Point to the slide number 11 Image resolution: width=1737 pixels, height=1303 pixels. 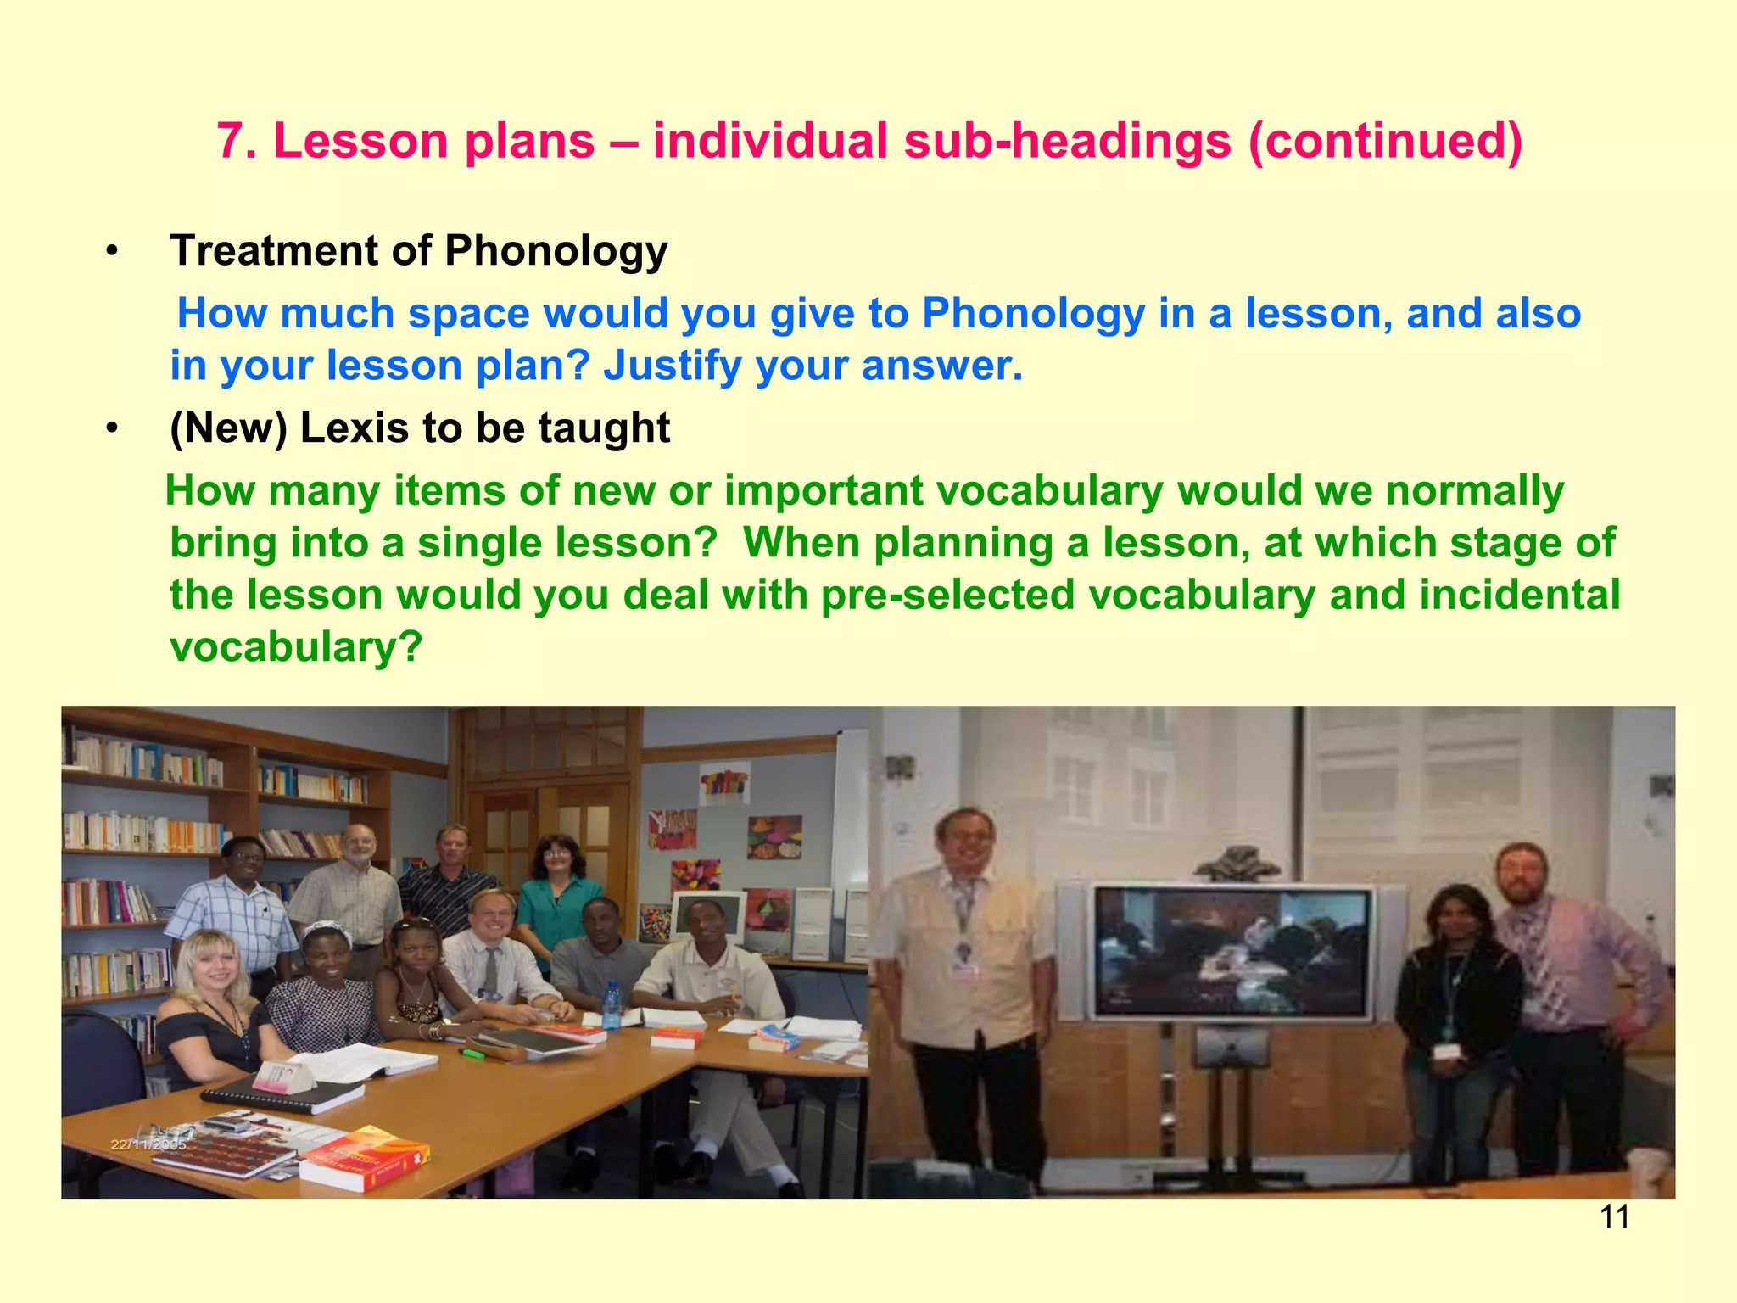[x=1614, y=1217]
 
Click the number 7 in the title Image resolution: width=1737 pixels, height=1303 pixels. [x=231, y=141]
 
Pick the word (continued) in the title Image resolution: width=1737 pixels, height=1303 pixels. [x=1385, y=141]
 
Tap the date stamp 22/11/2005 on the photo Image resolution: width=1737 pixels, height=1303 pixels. [x=148, y=1144]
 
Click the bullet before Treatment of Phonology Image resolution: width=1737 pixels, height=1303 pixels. [x=112, y=252]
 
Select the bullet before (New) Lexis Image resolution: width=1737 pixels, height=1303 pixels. [x=112, y=429]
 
